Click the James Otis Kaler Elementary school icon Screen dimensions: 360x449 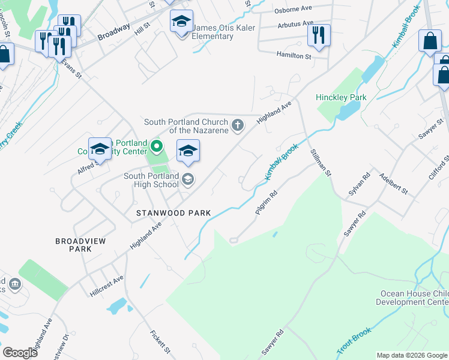[x=181, y=22]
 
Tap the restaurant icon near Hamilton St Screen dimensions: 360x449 [x=319, y=35]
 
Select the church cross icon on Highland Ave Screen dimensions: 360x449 [x=238, y=125]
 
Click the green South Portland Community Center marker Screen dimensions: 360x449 [x=157, y=146]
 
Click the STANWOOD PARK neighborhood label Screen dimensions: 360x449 [x=173, y=213]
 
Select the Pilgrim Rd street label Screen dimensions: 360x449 [x=267, y=203]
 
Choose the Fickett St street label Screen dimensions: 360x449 [x=161, y=341]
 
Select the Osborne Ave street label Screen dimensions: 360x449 [x=294, y=10]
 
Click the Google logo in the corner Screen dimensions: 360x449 [x=20, y=353]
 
